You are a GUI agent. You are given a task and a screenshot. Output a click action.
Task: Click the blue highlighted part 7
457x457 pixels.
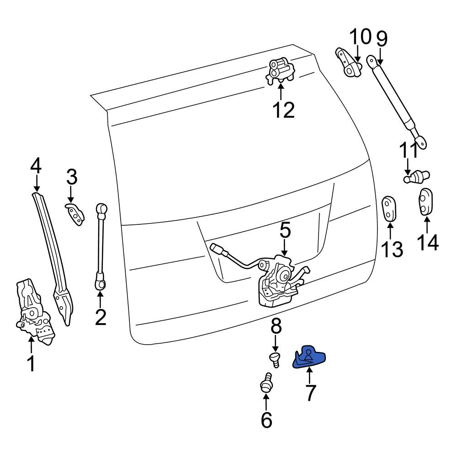tap(308, 358)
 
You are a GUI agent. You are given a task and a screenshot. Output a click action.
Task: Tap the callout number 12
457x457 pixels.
tap(284, 110)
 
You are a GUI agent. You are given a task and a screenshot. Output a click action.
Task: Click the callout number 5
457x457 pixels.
tap(285, 230)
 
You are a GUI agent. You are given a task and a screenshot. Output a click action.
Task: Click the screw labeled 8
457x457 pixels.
tap(275, 359)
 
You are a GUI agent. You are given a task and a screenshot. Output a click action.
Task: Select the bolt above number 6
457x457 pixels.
tap(266, 383)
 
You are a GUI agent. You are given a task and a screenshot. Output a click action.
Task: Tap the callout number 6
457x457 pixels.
tap(266, 420)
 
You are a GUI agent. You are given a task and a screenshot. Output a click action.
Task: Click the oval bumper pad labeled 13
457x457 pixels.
tap(389, 208)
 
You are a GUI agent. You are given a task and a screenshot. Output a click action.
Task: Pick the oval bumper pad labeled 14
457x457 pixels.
tap(425, 202)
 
